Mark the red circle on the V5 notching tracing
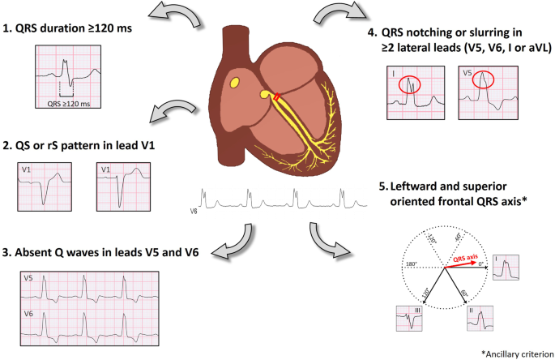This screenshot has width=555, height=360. point(485,78)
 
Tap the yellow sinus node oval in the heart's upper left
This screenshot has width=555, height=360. point(234,83)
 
